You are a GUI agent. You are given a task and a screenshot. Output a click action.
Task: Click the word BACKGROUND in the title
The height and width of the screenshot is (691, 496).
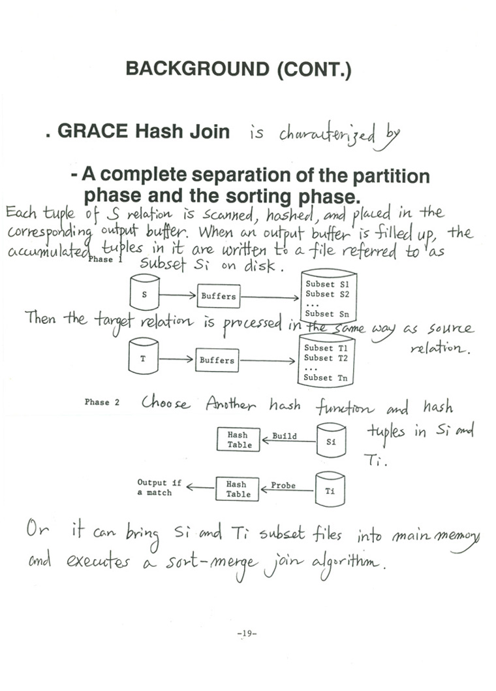click(197, 69)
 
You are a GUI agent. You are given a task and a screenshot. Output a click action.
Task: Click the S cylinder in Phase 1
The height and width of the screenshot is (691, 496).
click(144, 292)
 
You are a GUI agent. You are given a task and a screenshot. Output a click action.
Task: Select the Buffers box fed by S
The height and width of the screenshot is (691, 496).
click(219, 296)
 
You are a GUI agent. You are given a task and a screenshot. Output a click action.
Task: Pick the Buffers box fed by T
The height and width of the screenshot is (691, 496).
click(217, 360)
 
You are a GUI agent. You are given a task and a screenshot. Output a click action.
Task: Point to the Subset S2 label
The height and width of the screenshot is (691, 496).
click(327, 294)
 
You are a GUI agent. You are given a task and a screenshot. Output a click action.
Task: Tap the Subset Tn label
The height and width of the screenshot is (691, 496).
click(326, 378)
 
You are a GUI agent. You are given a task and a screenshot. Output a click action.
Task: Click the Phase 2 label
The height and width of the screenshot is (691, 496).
click(102, 402)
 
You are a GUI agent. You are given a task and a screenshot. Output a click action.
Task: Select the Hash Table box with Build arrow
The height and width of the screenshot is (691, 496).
click(238, 440)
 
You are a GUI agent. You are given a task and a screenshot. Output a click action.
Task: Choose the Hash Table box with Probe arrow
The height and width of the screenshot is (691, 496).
click(238, 489)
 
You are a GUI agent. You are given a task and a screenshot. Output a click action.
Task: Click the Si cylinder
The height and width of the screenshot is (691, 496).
click(332, 440)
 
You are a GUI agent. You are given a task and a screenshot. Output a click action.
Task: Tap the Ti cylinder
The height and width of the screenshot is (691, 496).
click(330, 489)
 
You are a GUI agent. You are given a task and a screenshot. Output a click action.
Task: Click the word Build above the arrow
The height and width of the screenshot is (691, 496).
click(284, 436)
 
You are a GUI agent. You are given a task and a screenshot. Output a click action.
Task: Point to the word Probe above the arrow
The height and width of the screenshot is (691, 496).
click(283, 485)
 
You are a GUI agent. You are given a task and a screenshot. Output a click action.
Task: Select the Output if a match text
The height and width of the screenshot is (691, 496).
click(159, 487)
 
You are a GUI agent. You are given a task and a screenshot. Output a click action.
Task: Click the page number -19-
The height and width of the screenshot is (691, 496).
click(247, 634)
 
